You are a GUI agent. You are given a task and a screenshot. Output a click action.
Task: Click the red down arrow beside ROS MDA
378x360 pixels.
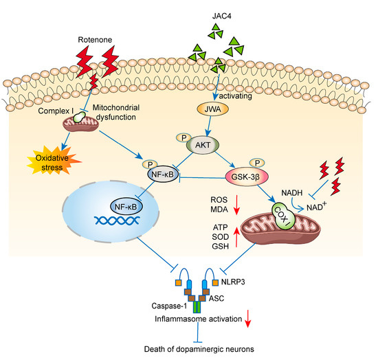pyautogui.click(x=241, y=205)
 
